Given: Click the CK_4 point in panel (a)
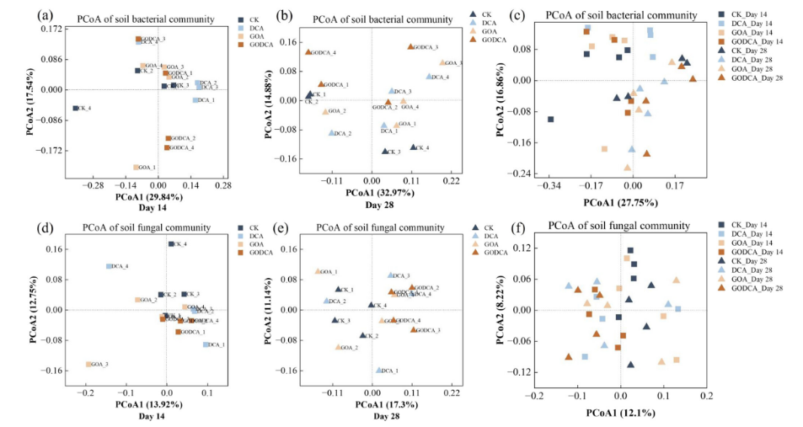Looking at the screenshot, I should (75, 108).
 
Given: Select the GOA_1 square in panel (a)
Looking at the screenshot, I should (136, 168).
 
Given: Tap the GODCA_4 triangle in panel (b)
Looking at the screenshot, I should (308, 52).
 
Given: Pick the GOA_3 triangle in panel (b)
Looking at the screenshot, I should (442, 63).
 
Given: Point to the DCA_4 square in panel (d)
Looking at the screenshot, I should (109, 266).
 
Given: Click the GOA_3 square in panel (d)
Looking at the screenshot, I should (88, 365).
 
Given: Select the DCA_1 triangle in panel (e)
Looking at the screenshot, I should (379, 370).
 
